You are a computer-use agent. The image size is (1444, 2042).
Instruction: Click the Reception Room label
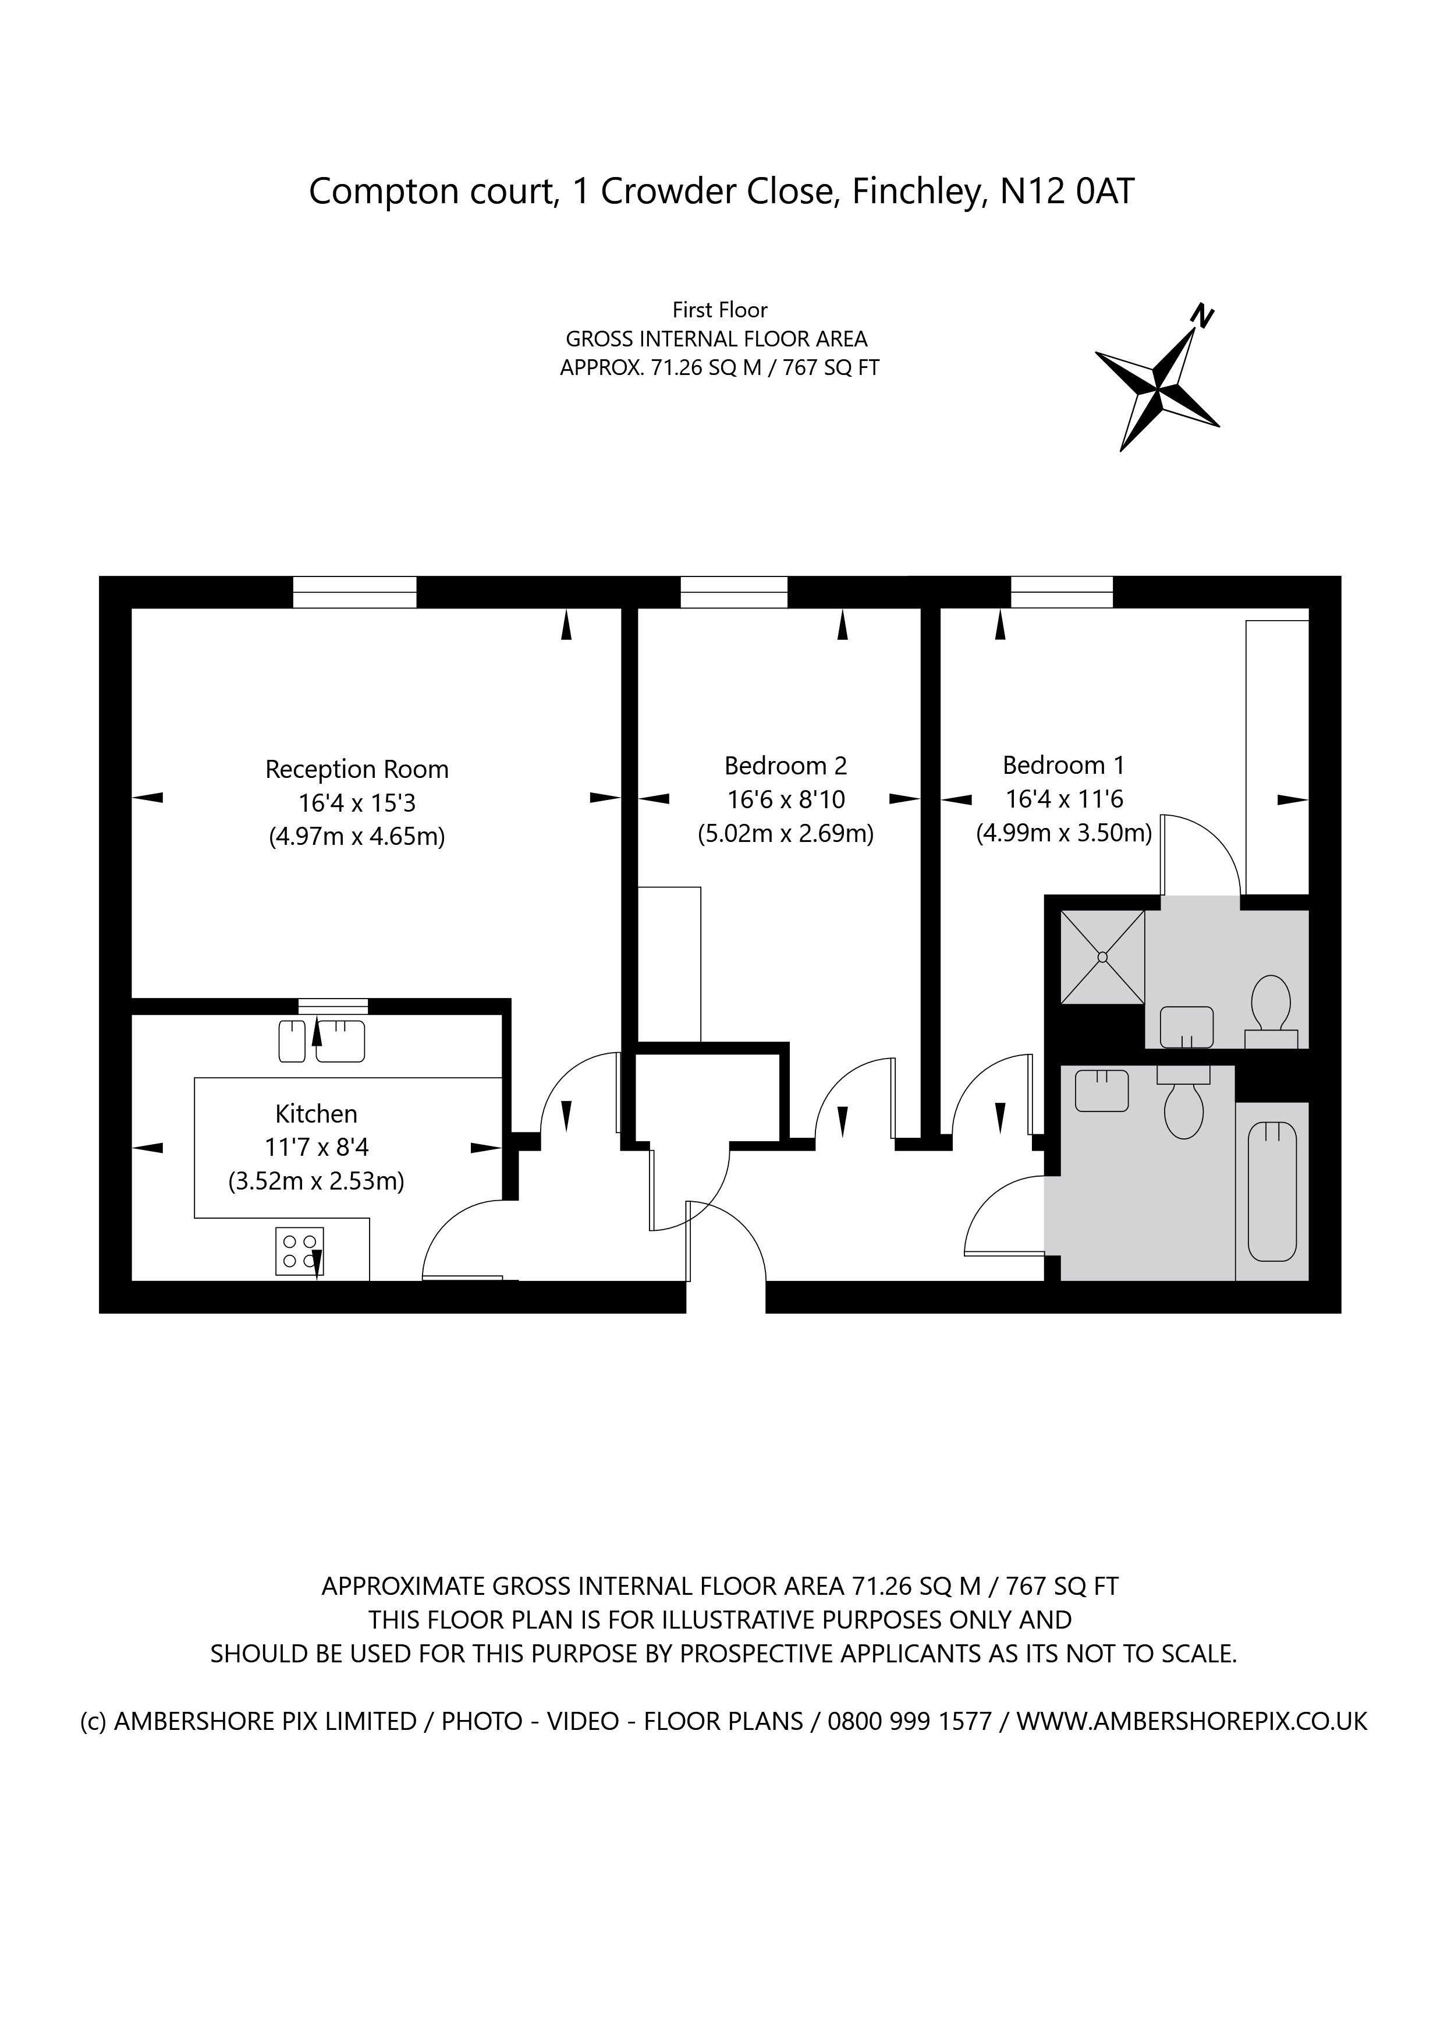pos(357,769)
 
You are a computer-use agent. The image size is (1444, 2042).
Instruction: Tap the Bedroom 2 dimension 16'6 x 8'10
pos(786,799)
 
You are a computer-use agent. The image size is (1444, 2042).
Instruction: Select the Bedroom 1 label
pos(1063,765)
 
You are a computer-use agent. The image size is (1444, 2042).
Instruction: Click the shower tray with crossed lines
pos(1102,957)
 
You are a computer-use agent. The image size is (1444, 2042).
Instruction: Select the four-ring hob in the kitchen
pos(300,1251)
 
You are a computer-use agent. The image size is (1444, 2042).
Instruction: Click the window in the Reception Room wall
pos(355,592)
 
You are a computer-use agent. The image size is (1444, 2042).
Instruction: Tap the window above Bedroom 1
pos(1062,592)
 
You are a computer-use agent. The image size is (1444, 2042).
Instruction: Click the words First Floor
pos(719,310)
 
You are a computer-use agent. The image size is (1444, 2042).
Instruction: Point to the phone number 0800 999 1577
pos(909,1721)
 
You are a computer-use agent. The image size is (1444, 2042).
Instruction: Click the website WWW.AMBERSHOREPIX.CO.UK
pos(1191,1721)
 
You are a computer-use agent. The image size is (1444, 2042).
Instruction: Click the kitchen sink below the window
pos(322,1041)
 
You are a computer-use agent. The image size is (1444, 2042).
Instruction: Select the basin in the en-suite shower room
pos(1187,1027)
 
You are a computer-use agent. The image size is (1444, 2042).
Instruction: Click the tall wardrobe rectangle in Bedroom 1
pos(1277,756)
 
